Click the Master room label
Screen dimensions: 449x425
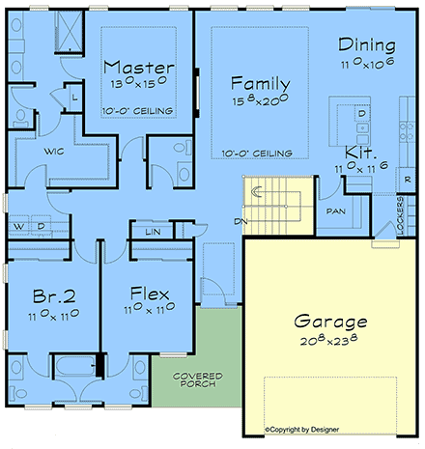139,69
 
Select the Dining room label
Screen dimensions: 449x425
367,45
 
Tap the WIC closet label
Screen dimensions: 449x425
53,152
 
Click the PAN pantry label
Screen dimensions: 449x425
336,210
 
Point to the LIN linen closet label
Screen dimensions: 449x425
152,232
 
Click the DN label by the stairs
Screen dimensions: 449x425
239,221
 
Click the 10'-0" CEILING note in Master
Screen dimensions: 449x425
139,111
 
